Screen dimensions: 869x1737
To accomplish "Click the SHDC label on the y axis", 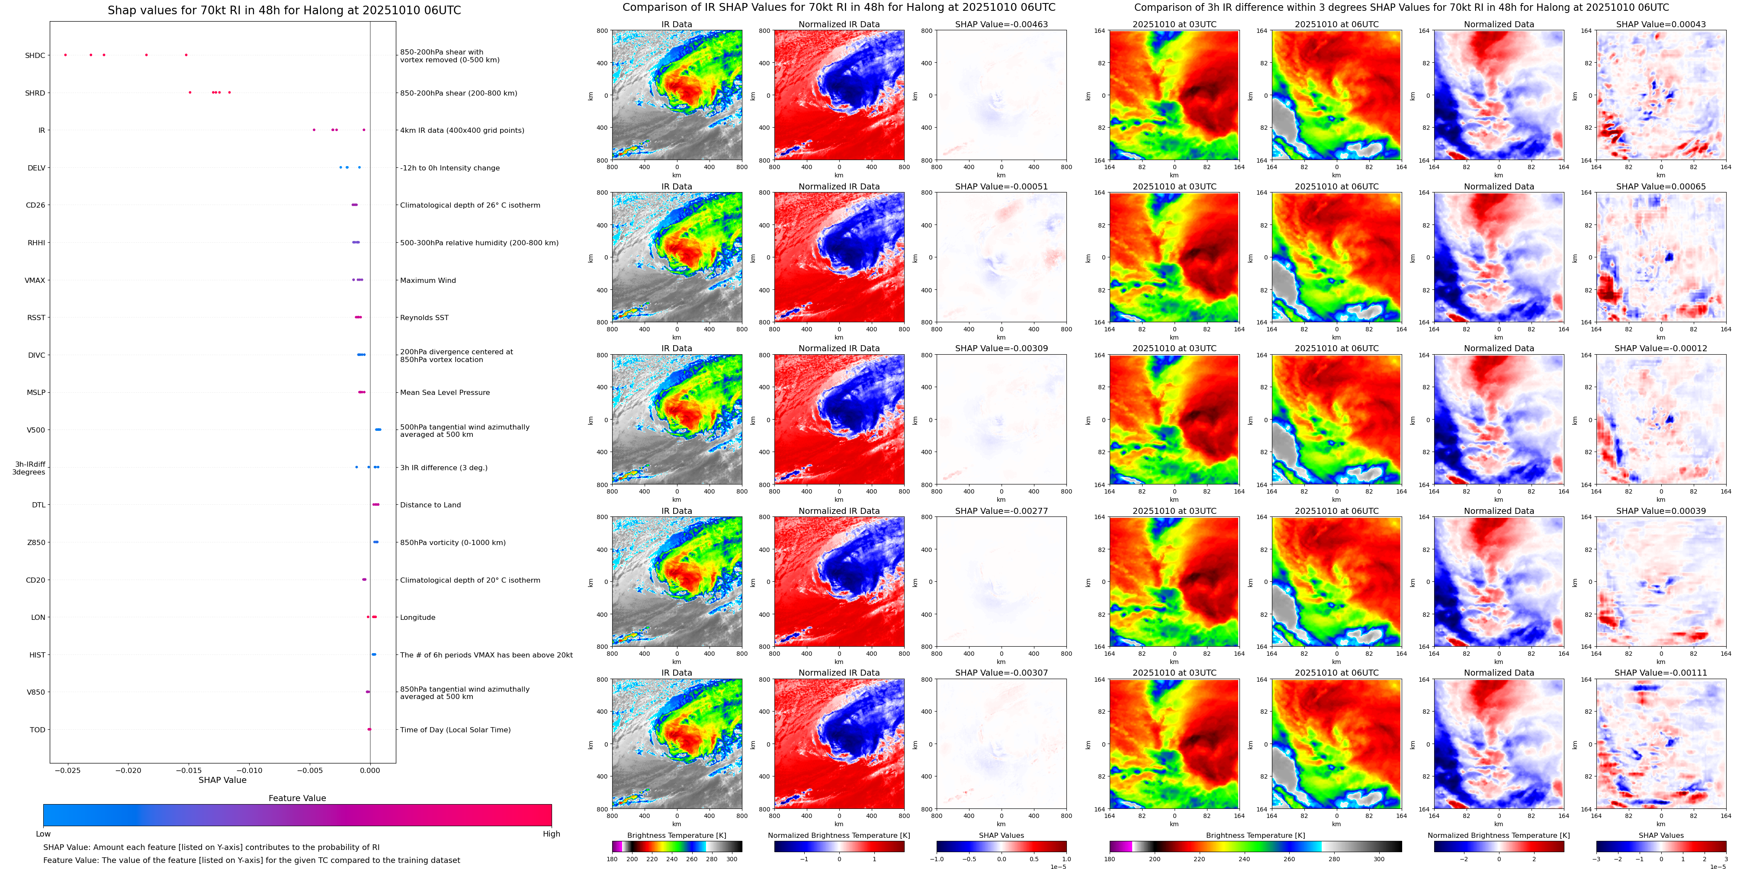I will click(x=35, y=55).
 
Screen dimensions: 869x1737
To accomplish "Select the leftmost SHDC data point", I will click(x=65, y=55).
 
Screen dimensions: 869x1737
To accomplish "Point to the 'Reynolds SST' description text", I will click(x=424, y=317).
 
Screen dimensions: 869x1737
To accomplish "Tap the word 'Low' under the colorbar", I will click(x=43, y=834).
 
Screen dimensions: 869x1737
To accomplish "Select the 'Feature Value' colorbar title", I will click(x=297, y=798).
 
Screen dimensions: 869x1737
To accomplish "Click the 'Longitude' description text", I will click(x=417, y=618).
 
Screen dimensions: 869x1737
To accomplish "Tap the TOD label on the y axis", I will click(x=37, y=729).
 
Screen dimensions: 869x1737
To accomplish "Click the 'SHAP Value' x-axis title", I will click(x=222, y=780).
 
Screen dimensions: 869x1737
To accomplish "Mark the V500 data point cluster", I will click(x=378, y=430).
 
